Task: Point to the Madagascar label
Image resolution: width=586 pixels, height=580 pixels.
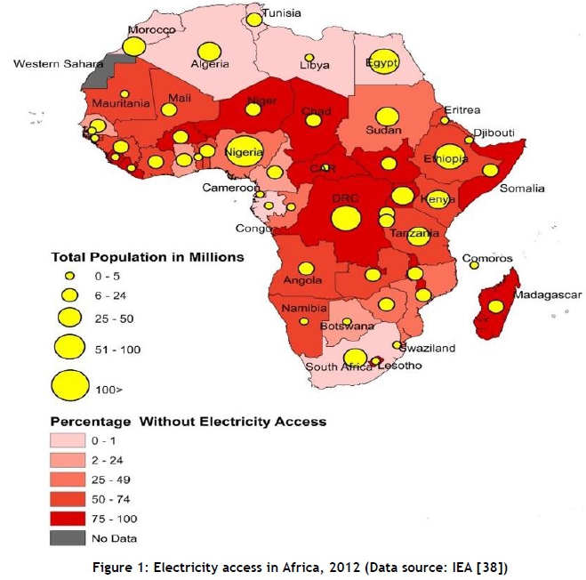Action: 547,295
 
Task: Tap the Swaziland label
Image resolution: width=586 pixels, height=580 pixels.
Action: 428,348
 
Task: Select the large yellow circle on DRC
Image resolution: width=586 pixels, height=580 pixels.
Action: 346,217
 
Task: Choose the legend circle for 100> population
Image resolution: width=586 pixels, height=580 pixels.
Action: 70,385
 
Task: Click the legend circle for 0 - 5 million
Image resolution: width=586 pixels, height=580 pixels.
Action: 70,276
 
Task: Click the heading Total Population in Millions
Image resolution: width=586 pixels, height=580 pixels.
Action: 147,257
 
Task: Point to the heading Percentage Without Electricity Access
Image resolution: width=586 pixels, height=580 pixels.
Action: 188,421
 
